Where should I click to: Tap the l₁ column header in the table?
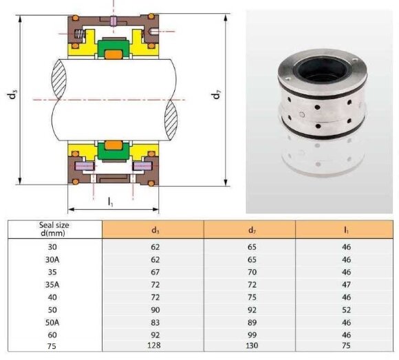(x=345, y=229)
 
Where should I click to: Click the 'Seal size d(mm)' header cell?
(x=54, y=229)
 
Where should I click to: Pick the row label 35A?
(x=54, y=284)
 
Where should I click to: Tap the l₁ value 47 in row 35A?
(x=346, y=284)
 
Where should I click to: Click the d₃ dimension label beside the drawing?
(x=12, y=95)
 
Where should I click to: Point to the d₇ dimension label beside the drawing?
(x=217, y=95)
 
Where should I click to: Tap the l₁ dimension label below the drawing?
(x=111, y=202)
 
